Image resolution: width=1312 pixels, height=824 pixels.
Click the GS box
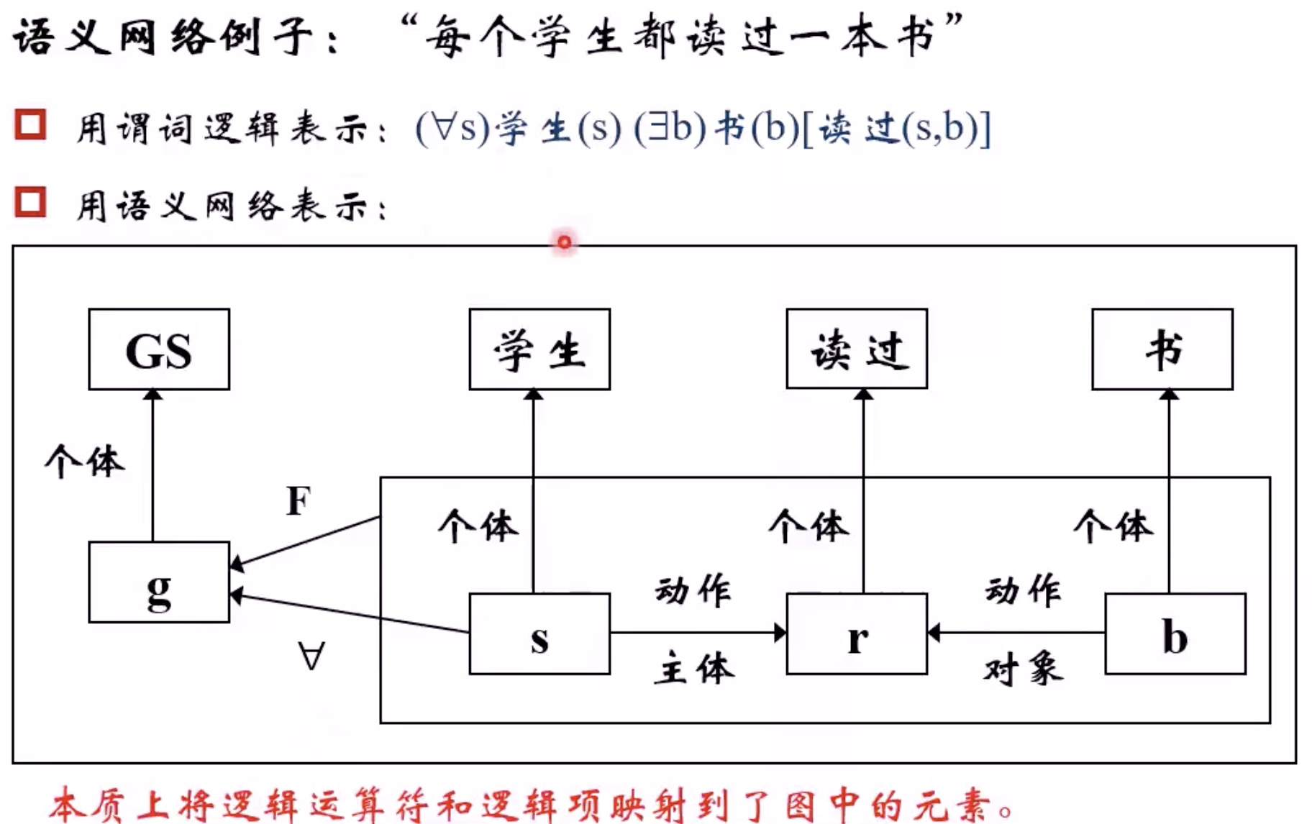click(159, 349)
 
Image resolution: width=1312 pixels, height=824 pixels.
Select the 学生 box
click(539, 349)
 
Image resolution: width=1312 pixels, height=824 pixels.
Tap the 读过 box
click(857, 349)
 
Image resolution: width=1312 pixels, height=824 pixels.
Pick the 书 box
click(1162, 349)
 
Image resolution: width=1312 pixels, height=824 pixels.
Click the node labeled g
click(159, 582)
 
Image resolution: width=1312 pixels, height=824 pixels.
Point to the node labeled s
click(539, 634)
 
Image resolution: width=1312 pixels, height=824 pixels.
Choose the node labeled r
click(857, 634)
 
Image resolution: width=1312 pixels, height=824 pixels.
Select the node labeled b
click(1175, 634)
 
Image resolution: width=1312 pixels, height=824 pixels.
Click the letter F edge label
click(299, 501)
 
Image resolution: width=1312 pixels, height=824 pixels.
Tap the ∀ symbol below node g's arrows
click(311, 656)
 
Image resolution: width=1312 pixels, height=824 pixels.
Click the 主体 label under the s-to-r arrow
click(695, 669)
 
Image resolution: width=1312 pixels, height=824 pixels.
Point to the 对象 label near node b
click(1023, 669)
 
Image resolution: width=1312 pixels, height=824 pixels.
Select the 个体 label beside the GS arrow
click(85, 461)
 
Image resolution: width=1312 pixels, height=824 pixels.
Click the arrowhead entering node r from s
click(780, 633)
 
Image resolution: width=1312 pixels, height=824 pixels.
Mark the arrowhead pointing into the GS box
click(153, 395)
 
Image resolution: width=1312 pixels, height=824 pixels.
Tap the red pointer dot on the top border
click(565, 242)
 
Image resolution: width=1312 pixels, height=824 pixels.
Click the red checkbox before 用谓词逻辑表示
click(30, 124)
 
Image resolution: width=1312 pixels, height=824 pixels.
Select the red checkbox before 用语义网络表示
click(30, 202)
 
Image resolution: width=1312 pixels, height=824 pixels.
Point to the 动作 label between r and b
click(1023, 591)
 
